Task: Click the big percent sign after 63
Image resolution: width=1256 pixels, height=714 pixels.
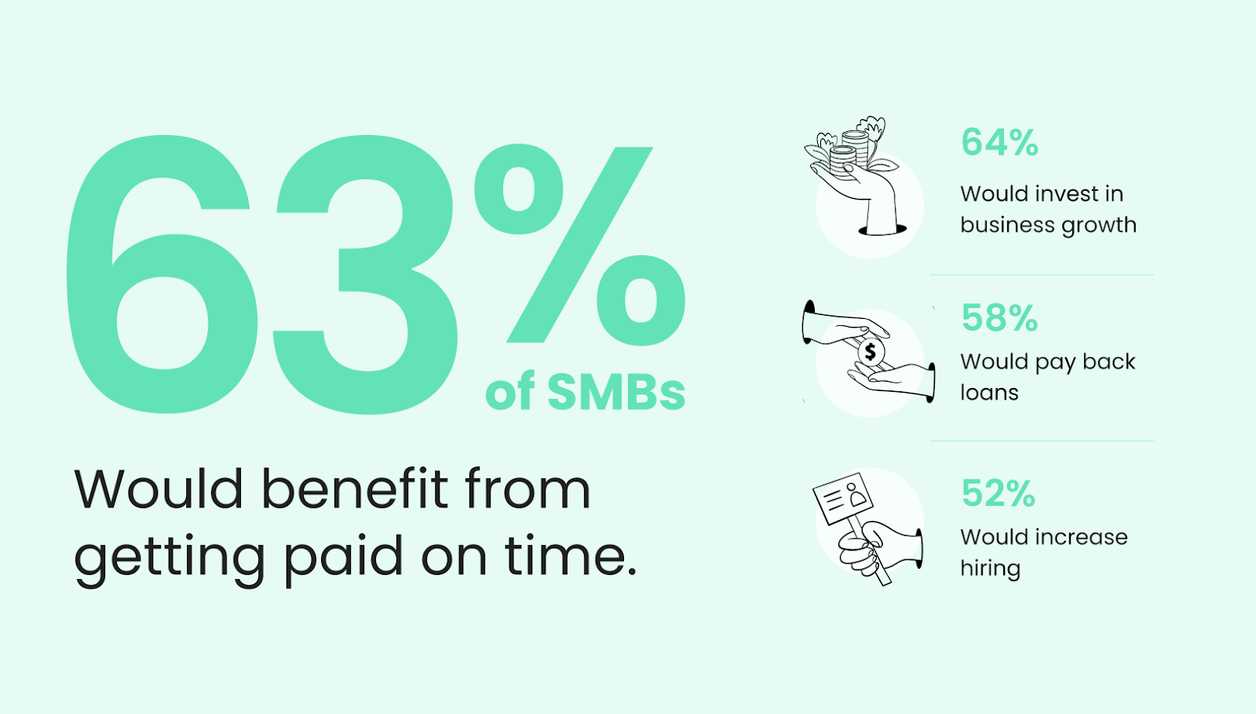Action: [580, 244]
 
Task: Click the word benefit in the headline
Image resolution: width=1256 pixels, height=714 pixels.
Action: [356, 489]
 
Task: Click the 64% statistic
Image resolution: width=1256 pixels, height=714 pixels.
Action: [1000, 142]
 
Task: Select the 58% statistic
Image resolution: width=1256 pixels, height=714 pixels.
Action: [1000, 317]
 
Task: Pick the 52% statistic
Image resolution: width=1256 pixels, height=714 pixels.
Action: [998, 493]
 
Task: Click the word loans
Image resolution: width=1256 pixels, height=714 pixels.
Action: [989, 392]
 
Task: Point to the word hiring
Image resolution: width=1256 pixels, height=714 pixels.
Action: [990, 569]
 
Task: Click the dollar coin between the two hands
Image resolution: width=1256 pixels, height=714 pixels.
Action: [871, 352]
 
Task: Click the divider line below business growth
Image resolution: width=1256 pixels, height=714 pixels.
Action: [1042, 275]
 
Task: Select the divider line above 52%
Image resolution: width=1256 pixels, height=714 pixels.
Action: [1042, 441]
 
